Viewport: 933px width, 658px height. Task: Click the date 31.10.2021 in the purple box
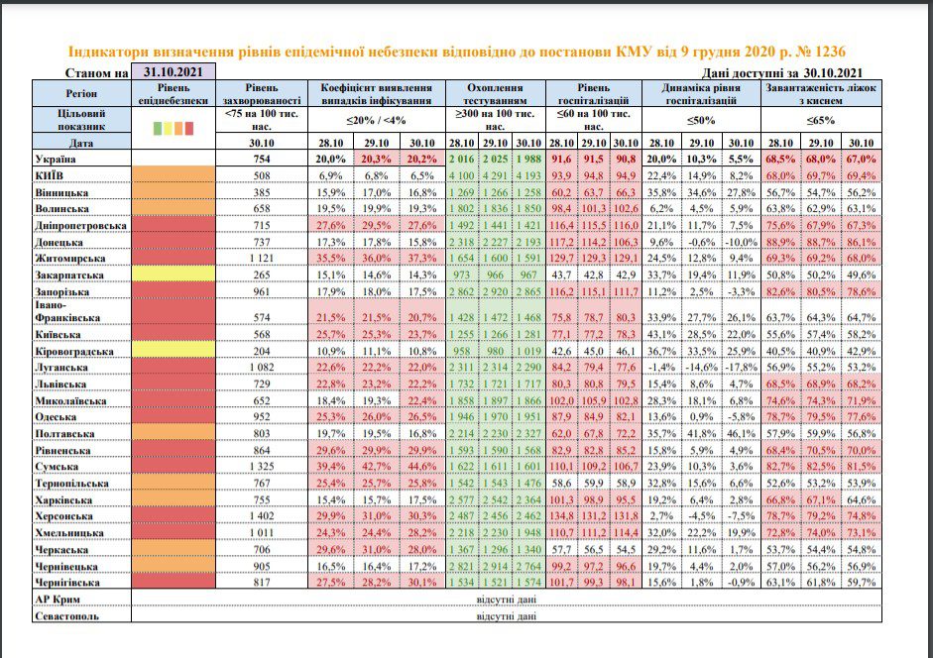pos(173,72)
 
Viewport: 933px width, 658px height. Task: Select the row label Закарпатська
pos(69,274)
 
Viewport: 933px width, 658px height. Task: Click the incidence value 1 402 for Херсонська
pos(262,516)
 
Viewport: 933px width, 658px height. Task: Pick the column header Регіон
pos(81,93)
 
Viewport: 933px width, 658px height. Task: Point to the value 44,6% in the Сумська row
pos(421,467)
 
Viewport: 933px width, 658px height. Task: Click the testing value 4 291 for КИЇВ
pos(495,175)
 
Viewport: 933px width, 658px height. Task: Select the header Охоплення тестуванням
pos(495,94)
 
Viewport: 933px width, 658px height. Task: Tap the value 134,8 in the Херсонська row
pos(562,516)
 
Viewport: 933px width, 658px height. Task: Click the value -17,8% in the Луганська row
pos(741,367)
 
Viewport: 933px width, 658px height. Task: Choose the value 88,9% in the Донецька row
pos(780,242)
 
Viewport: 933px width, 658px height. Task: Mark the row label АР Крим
pos(58,600)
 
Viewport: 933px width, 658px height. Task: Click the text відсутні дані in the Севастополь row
pos(507,615)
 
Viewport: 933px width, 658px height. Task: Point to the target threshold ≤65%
pos(821,120)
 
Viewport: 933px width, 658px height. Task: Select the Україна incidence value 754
pos(262,159)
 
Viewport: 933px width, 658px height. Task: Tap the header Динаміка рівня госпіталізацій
pos(701,94)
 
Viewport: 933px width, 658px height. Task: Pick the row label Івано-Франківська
pos(67,311)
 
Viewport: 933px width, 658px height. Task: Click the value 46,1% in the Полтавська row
pos(741,433)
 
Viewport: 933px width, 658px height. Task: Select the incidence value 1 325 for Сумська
pos(262,467)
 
